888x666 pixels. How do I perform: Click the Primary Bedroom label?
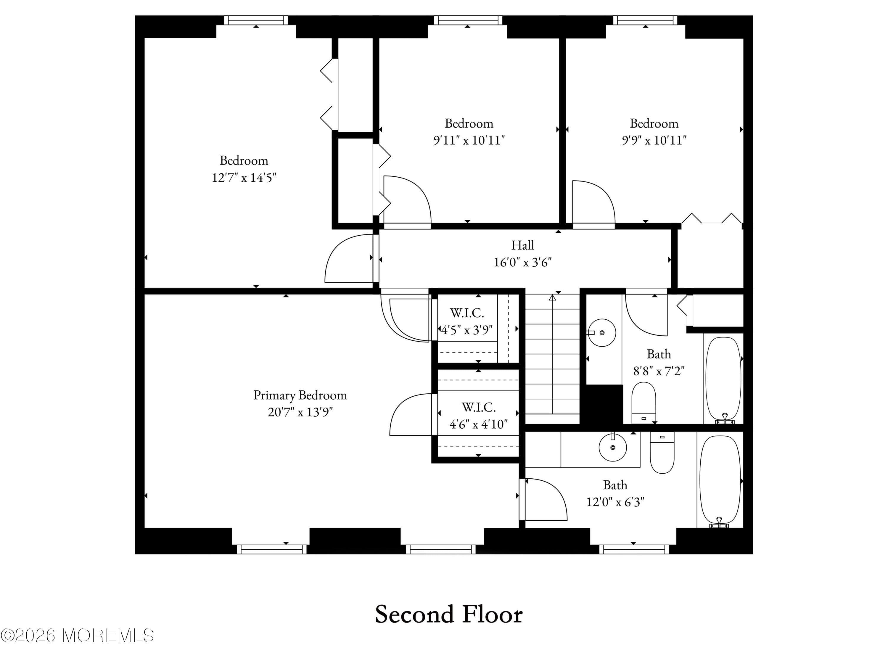tap(300, 395)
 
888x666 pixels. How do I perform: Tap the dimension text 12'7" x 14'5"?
tap(244, 177)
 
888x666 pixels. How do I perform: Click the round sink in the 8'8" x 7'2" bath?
tap(602, 332)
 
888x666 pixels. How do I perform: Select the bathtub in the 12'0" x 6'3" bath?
tap(720, 480)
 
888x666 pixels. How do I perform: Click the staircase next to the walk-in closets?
tap(552, 357)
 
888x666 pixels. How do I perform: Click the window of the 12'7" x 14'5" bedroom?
tap(256, 20)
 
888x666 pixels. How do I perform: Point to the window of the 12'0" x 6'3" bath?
tap(634, 549)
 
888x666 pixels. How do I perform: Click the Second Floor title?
tap(448, 614)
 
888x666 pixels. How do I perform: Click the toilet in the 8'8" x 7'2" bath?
tap(644, 402)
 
